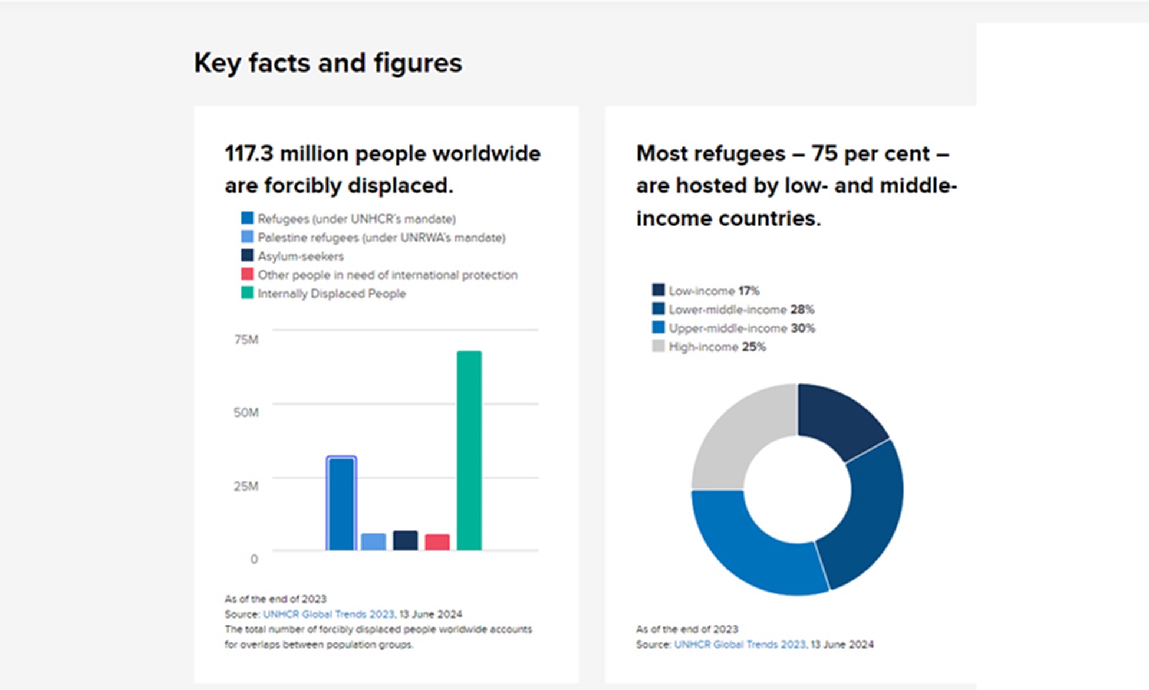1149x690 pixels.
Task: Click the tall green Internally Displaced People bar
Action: [x=469, y=451]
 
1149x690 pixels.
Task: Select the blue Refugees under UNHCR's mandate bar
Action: [x=341, y=504]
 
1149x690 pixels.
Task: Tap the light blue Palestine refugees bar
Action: [x=373, y=541]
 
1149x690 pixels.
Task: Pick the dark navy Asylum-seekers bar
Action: [x=406, y=540]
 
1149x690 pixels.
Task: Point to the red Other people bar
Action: [x=437, y=542]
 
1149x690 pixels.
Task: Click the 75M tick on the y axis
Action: [x=246, y=340]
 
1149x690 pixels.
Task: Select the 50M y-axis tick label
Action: [x=246, y=412]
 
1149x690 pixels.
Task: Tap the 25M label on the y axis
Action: [x=246, y=486]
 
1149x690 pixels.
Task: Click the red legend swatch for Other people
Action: [x=248, y=274]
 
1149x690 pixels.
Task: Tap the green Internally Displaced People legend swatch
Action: [x=248, y=293]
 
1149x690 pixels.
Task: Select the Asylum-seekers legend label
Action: [x=301, y=256]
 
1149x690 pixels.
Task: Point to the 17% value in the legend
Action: [x=749, y=291]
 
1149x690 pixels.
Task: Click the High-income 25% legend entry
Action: [x=717, y=347]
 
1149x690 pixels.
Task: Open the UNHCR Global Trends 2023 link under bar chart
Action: [x=328, y=614]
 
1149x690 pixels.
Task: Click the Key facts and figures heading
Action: [x=328, y=63]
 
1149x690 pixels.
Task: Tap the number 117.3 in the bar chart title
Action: [x=249, y=154]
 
